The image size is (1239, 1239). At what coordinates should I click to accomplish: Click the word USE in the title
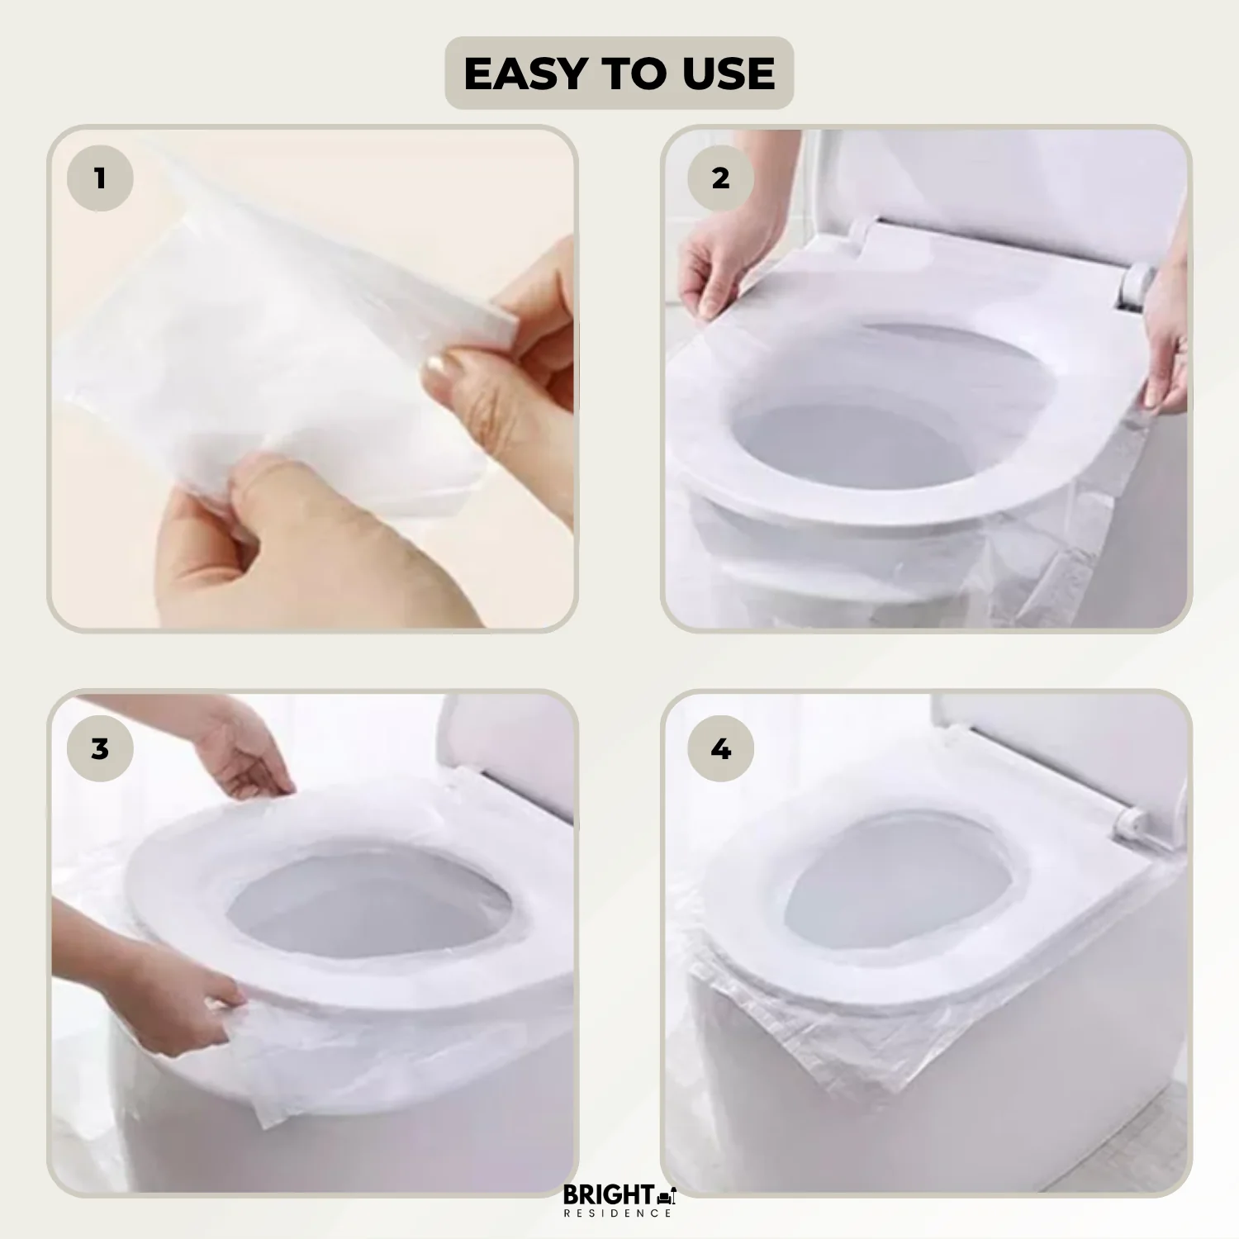click(729, 74)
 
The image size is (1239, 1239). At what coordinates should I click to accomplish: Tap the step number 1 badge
click(100, 178)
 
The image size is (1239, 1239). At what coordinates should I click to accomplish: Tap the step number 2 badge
click(720, 178)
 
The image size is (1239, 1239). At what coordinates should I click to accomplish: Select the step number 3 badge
click(100, 749)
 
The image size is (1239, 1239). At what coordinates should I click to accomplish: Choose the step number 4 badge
click(720, 749)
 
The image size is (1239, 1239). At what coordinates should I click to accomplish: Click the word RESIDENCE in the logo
click(618, 1213)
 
